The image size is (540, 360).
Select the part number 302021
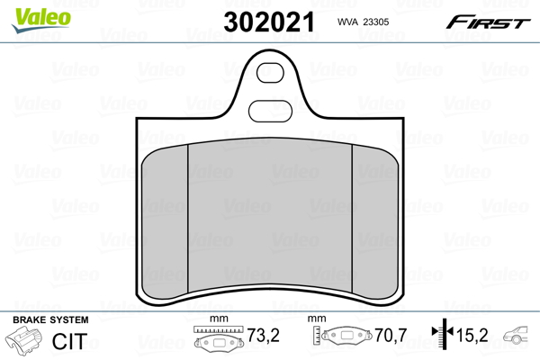269,22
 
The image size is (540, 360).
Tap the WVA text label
347,22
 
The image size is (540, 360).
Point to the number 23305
376,22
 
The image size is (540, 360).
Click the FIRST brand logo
488,22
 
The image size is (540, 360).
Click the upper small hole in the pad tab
270,73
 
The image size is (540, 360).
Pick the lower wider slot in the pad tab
270,112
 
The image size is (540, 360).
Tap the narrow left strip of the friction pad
165,222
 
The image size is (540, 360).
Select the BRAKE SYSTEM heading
50,320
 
